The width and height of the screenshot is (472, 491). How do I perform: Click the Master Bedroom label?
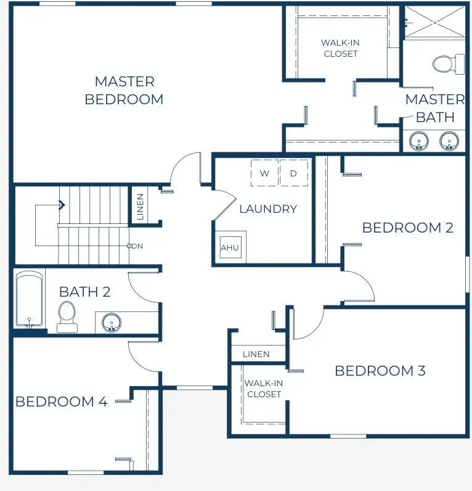click(x=124, y=90)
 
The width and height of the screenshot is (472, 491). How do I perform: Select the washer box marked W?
click(x=264, y=173)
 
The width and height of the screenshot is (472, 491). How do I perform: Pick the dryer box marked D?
click(x=293, y=173)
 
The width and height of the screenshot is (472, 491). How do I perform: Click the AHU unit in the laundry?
click(x=230, y=247)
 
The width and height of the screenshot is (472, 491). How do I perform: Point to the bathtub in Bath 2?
click(x=29, y=299)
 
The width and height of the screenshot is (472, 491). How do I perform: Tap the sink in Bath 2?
click(x=112, y=322)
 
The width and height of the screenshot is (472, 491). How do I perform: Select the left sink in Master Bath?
click(x=420, y=141)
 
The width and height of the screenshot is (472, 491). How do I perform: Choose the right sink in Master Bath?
click(x=450, y=141)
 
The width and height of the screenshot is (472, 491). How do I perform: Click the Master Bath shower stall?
click(x=434, y=23)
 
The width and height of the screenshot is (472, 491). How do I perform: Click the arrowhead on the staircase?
click(x=62, y=205)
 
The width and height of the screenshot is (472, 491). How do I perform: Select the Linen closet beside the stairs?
click(x=140, y=207)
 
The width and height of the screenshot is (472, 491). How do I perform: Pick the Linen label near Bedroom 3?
click(x=256, y=354)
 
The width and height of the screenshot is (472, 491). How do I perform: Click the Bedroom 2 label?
click(x=407, y=228)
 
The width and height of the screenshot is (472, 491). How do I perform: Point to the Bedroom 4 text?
click(x=61, y=402)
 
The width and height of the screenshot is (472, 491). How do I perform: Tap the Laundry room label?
click(x=268, y=208)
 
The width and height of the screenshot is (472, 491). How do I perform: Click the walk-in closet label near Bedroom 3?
click(x=264, y=389)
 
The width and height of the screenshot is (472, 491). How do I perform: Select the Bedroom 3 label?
click(x=380, y=371)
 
